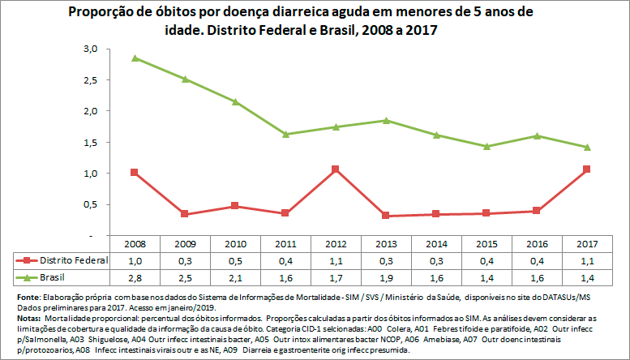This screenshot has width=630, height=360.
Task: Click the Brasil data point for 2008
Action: point(134,58)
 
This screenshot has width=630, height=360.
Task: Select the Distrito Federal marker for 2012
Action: point(334,169)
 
